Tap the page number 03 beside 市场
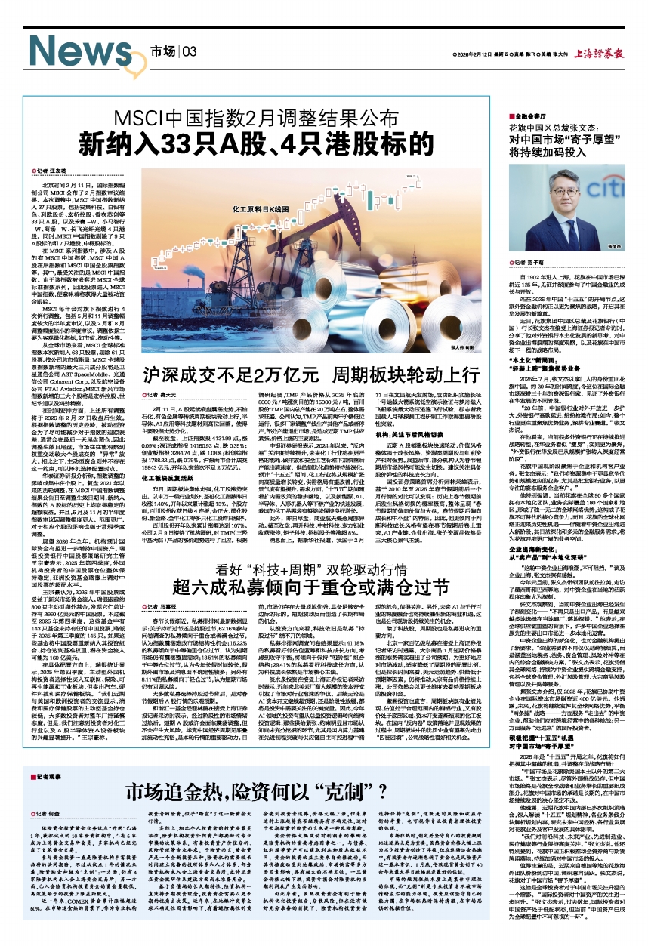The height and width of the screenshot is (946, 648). [x=189, y=51]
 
